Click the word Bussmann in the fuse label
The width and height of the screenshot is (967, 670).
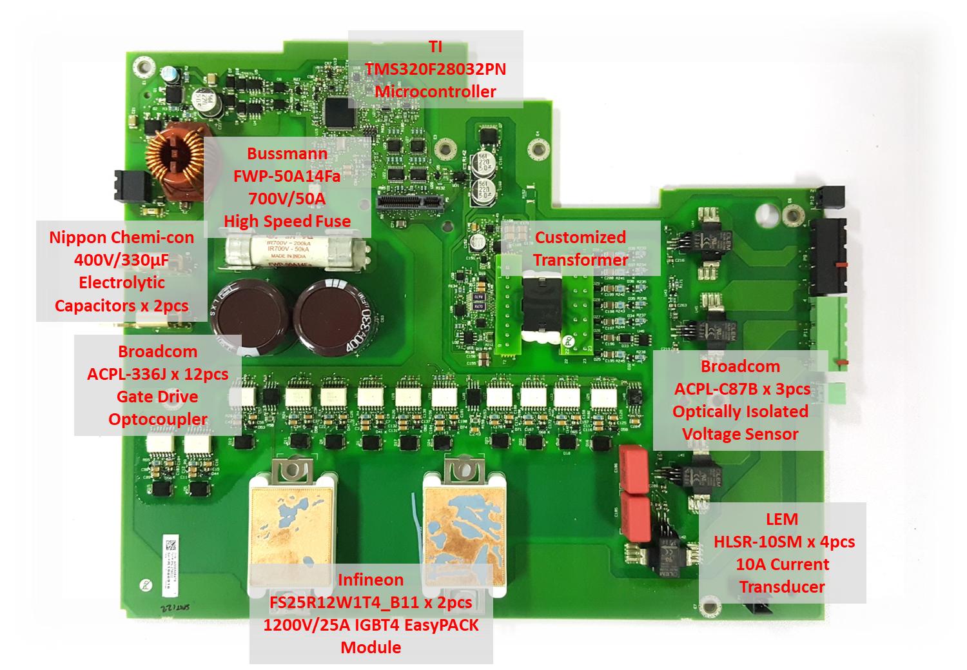(x=287, y=154)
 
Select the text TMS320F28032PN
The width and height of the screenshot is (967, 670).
(x=435, y=69)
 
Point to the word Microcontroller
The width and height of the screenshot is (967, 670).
(x=435, y=91)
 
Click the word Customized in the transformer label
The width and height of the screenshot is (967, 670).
(x=580, y=237)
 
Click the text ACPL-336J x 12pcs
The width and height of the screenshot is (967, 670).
(x=157, y=374)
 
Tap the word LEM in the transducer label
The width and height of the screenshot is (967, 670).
(x=781, y=519)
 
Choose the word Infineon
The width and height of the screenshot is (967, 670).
(x=371, y=580)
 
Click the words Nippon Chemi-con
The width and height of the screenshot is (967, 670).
(x=121, y=237)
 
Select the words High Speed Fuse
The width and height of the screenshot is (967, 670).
(x=288, y=221)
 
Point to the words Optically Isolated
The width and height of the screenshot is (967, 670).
(x=740, y=411)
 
